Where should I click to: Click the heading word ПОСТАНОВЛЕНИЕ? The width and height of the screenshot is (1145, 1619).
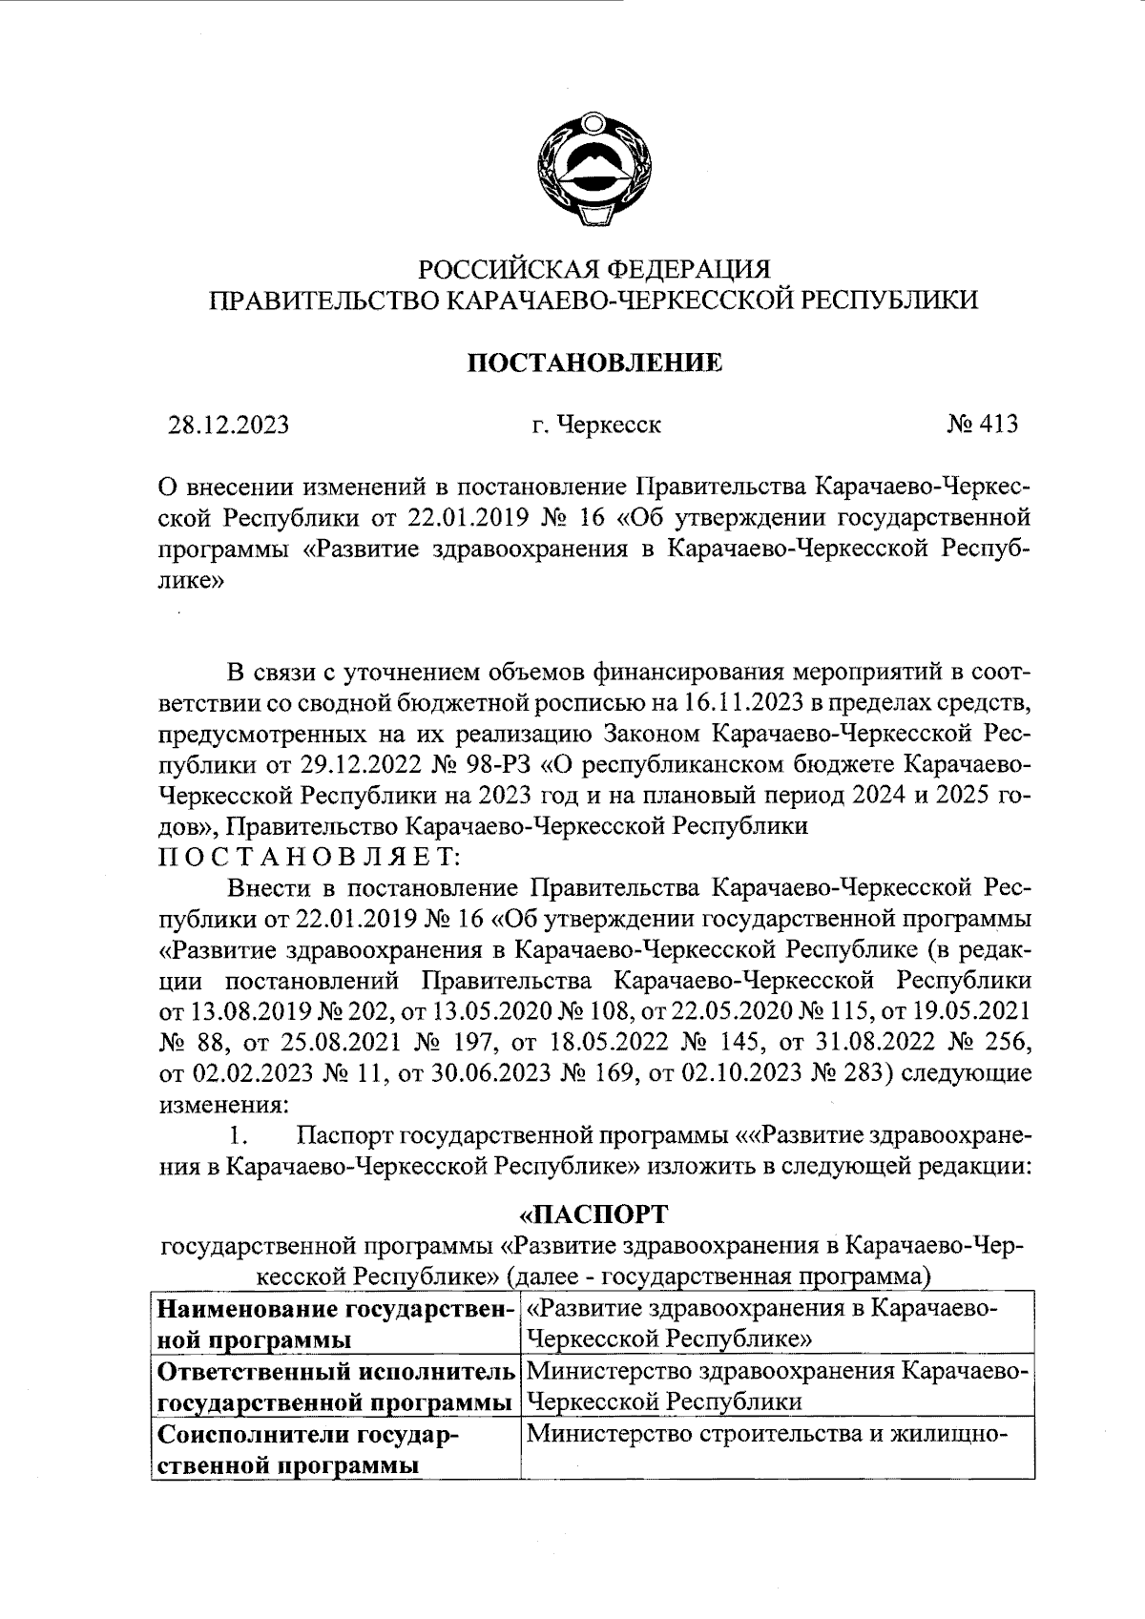click(x=593, y=363)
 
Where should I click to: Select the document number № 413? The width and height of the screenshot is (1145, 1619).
click(x=982, y=424)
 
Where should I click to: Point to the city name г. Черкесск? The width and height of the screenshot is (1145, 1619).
click(x=597, y=425)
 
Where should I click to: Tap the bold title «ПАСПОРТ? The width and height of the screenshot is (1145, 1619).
click(x=593, y=1214)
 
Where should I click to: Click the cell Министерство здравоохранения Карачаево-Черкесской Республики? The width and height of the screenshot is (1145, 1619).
click(x=777, y=1386)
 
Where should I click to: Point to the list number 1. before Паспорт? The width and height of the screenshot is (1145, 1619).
click(x=239, y=1135)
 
